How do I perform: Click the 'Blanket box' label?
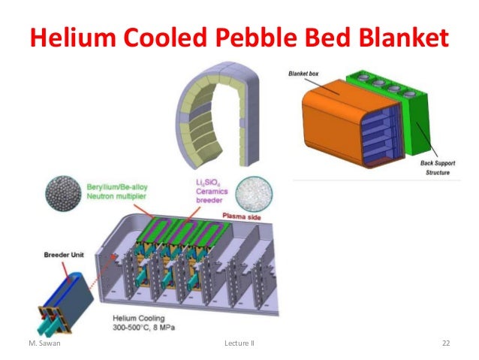pos(305,73)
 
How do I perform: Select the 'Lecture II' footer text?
pos(239,343)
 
